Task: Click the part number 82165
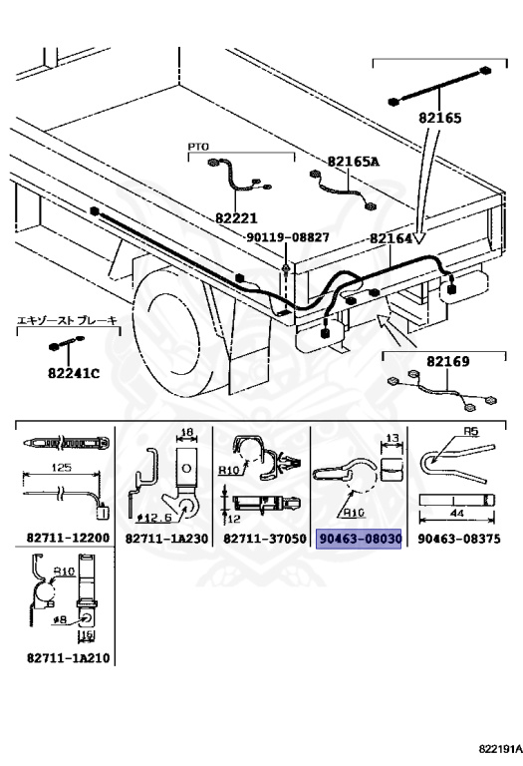439,118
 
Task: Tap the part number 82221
236,216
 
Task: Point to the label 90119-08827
288,237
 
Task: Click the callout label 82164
391,238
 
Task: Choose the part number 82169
434,362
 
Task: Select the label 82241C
74,374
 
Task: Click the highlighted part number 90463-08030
359,539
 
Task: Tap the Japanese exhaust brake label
68,320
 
